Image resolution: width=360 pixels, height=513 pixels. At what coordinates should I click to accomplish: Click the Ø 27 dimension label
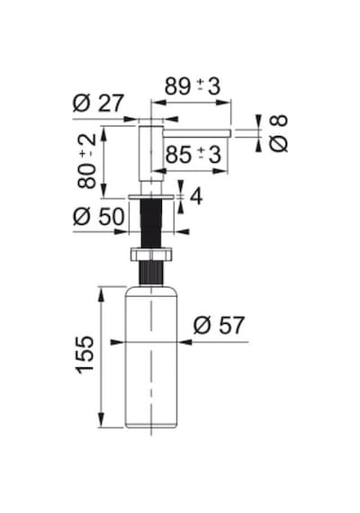pos(98,103)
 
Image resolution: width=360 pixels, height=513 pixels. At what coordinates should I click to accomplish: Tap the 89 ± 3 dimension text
pos(193,86)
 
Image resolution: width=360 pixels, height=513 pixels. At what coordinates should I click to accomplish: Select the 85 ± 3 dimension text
pos(193,155)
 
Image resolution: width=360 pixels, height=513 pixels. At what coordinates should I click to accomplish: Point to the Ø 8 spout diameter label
pos(279,133)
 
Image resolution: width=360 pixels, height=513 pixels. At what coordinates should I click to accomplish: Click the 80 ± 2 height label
pos(87,160)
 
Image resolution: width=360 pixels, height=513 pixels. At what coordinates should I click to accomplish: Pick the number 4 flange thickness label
pos(196,196)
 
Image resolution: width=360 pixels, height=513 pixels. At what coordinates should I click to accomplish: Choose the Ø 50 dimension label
pos(98,216)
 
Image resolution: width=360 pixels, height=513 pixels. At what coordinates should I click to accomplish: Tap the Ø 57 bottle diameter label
pos(219,325)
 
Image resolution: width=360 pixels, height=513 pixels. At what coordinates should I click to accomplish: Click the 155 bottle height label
pos(85,355)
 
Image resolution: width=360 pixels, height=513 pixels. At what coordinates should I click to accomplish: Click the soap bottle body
pos(151,357)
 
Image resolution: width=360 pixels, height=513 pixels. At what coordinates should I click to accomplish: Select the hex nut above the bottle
pos(151,255)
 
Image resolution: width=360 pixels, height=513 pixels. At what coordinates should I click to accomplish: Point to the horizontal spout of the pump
pos(197,133)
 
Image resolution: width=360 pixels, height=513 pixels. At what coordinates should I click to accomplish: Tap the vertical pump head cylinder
pos(151,153)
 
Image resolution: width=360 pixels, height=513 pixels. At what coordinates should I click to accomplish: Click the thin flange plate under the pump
pos(151,197)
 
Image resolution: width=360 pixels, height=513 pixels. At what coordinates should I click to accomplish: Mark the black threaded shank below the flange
pos(151,223)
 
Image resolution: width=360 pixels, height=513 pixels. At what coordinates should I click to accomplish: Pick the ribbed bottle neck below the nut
pos(151,274)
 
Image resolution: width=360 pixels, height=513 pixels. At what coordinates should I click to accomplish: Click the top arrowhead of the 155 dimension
pos(101,293)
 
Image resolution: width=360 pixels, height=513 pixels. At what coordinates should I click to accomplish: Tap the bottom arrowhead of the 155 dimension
pos(101,420)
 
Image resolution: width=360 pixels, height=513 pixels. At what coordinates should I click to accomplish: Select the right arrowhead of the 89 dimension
pos(224,103)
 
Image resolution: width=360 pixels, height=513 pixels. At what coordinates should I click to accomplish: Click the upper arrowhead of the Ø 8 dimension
pos(258,121)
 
